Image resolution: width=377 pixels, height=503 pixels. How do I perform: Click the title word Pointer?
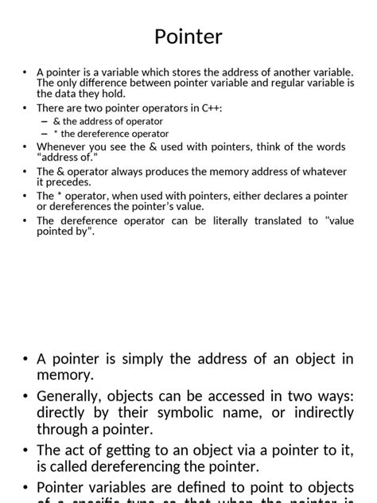point(188,37)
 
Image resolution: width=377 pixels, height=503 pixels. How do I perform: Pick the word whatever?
point(325,171)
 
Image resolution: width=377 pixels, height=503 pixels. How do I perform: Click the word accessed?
point(225,396)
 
